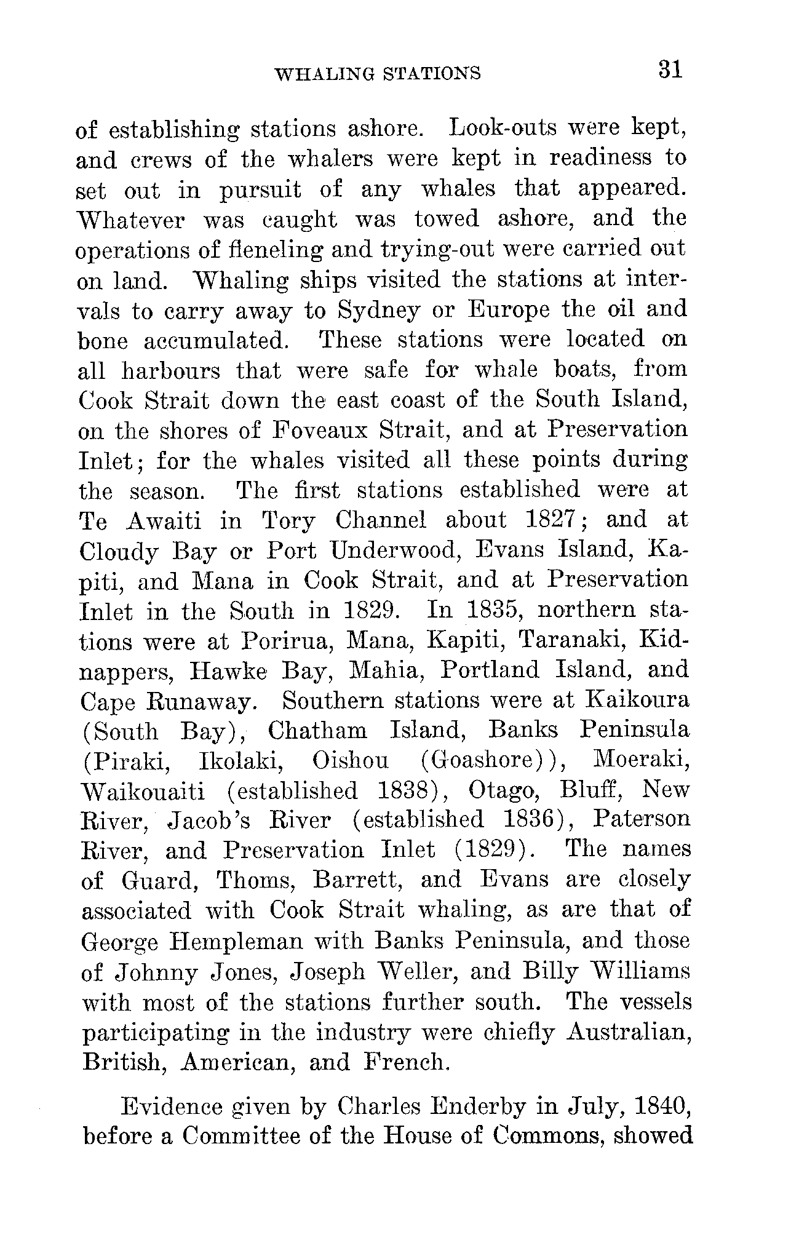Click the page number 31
click(670, 69)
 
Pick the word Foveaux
click(320, 431)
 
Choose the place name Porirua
click(287, 641)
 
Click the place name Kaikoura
click(638, 701)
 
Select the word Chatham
click(317, 731)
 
